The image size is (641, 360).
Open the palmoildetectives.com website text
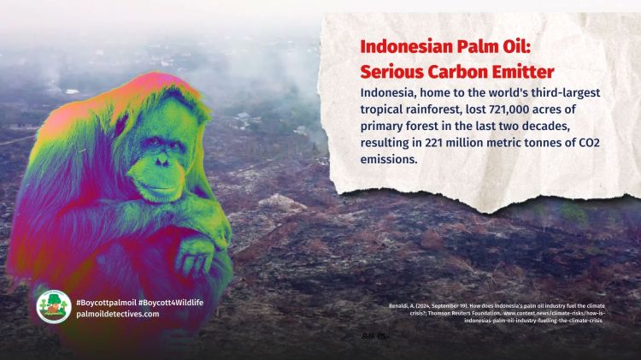pos(117,314)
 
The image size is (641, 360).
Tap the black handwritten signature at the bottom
pos(375,334)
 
